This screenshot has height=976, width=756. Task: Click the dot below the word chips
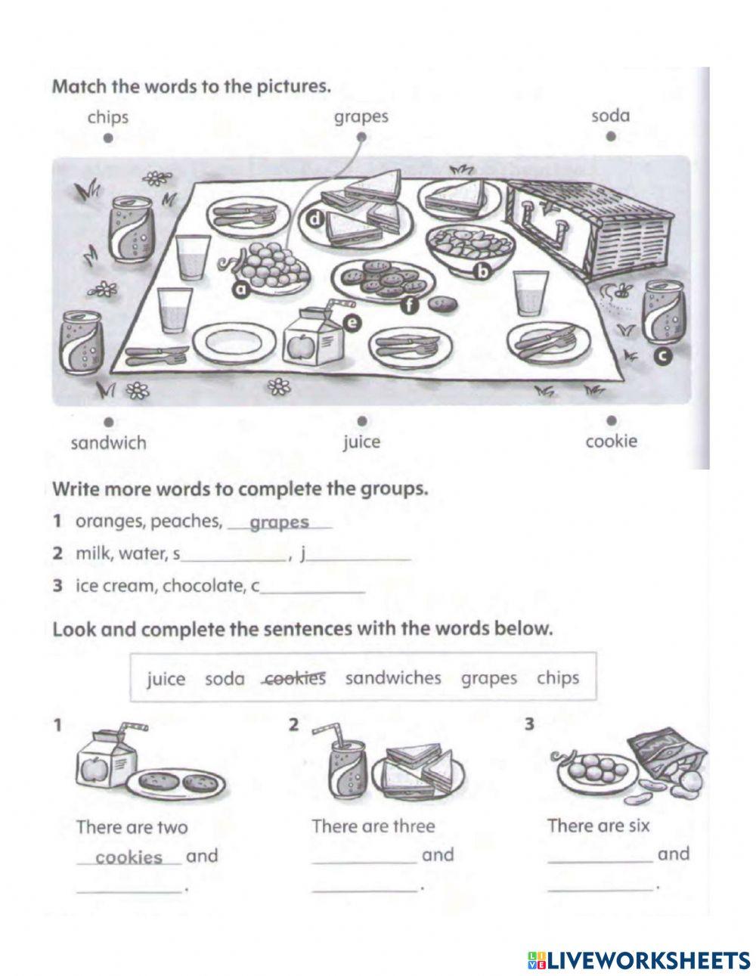(x=108, y=138)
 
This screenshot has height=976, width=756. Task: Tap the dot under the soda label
(x=610, y=137)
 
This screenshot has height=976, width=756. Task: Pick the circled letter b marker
(x=481, y=270)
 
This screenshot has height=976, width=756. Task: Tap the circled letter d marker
(x=315, y=218)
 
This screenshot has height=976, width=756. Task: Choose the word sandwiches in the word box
(x=392, y=677)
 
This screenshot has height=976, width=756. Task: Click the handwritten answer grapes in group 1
(x=279, y=522)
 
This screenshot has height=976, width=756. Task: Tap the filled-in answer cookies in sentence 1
(x=129, y=857)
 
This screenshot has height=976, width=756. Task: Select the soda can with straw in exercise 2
(x=349, y=764)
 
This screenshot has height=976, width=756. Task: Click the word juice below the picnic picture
(x=361, y=442)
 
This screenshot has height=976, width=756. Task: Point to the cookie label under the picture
(x=611, y=441)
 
